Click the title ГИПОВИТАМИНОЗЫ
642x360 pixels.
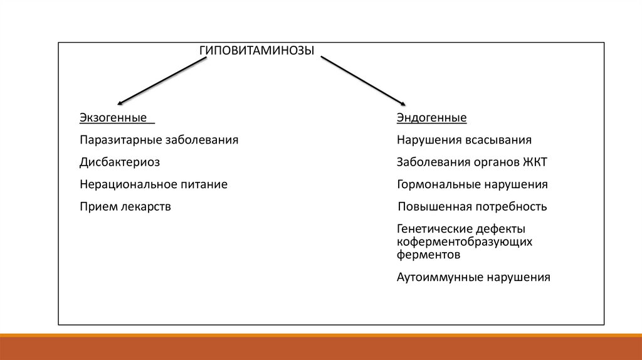coord(256,51)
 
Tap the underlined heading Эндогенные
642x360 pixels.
coord(431,118)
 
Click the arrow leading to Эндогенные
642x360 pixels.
coord(363,81)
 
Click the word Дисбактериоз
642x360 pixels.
coord(120,162)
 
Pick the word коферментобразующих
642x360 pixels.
coord(465,242)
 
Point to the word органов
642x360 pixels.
coord(495,162)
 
